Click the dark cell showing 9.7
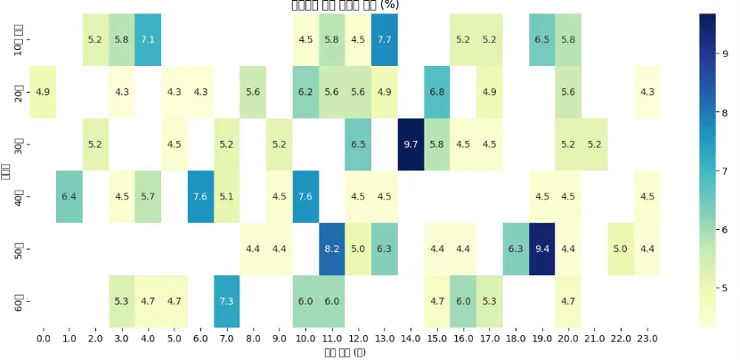click(x=411, y=144)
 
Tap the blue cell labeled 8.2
click(x=331, y=250)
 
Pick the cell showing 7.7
click(x=385, y=39)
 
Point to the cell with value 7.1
click(x=148, y=39)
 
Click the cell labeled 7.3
click(x=227, y=302)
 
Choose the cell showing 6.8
click(x=437, y=92)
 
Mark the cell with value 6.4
click(x=69, y=197)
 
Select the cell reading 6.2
click(x=305, y=92)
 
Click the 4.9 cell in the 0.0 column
click(x=43, y=92)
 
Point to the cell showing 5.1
click(x=227, y=197)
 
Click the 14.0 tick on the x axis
click(x=411, y=340)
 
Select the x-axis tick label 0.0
click(x=43, y=340)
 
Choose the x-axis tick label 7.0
click(x=227, y=340)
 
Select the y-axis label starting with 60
click(x=20, y=302)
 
